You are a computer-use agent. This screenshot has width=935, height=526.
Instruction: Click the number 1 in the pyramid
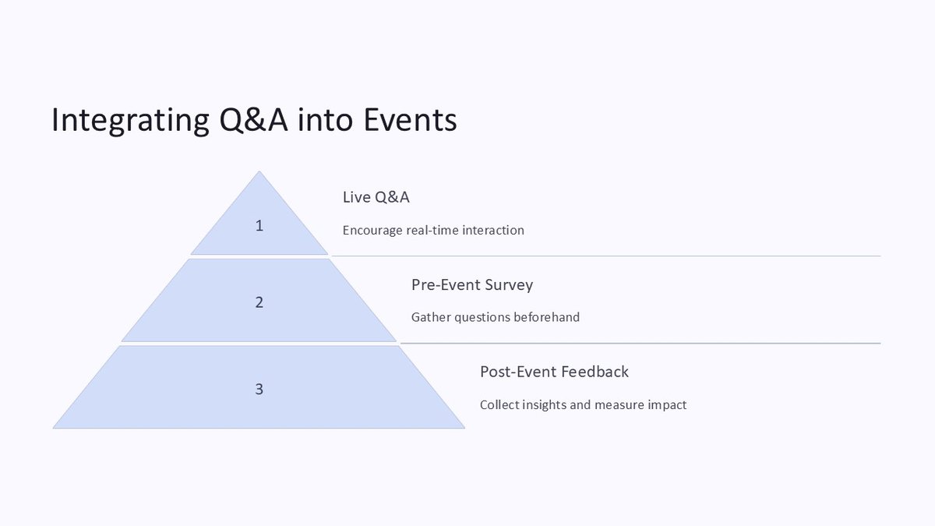point(259,226)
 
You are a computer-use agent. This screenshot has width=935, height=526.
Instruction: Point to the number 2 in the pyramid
point(259,302)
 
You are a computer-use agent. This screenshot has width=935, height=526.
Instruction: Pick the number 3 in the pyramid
point(259,390)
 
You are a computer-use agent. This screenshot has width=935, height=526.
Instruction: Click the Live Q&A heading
point(376,197)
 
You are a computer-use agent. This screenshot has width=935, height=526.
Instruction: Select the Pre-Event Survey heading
point(472,284)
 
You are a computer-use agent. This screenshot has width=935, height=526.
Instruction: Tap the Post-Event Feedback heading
point(554,372)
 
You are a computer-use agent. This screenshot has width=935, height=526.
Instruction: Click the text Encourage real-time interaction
point(433,231)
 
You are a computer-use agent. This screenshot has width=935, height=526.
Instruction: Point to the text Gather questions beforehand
point(496,317)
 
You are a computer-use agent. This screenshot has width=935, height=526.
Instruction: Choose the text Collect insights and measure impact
point(583,405)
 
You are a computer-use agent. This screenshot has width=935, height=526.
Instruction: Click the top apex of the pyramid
point(259,174)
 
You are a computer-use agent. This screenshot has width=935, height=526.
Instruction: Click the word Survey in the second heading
point(509,284)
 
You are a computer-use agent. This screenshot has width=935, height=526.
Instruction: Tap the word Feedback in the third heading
point(596,372)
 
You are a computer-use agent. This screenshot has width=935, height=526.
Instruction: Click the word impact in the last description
point(667,405)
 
